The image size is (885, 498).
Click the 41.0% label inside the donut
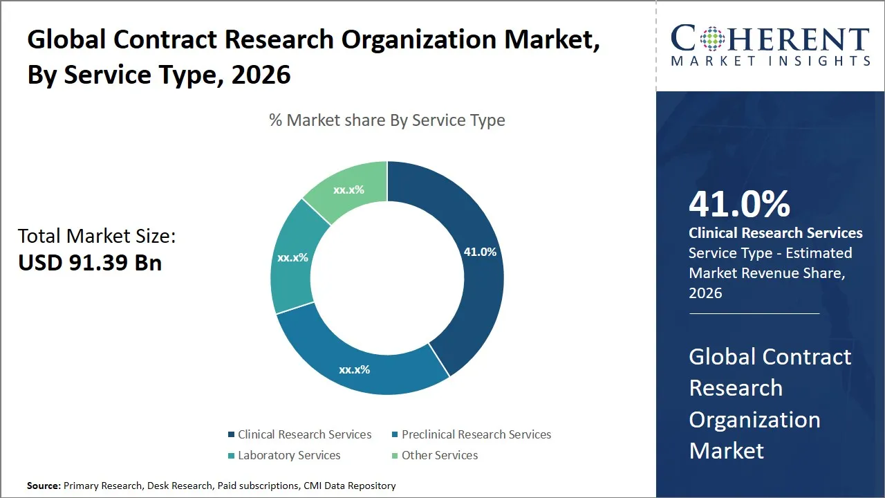[480, 252]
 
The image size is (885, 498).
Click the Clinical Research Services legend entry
[304, 434]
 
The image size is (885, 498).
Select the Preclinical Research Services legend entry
[476, 434]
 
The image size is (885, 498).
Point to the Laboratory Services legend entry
[289, 455]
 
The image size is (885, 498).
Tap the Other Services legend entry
[440, 455]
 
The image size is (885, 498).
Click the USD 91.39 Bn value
[90, 263]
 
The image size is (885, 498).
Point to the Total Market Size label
[97, 237]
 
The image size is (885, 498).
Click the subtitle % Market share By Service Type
[387, 120]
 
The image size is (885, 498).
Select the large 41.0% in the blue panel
[739, 204]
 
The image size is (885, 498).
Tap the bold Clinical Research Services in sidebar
[775, 233]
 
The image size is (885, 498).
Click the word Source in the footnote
[44, 486]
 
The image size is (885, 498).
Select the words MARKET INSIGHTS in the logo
[770, 62]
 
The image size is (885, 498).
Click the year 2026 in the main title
[261, 75]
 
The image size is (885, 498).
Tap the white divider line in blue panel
[754, 313]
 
